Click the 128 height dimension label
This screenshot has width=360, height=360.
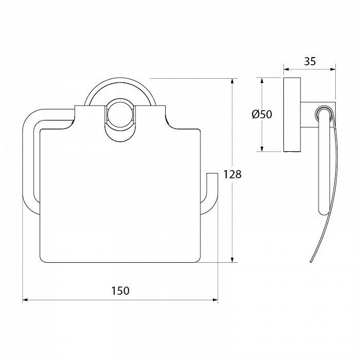[x=232, y=174]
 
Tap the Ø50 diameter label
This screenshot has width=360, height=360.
[x=262, y=114]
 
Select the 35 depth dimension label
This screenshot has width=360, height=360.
[x=310, y=61]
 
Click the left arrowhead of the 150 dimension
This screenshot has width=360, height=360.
[x=25, y=300]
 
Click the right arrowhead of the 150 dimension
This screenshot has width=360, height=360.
[x=215, y=300]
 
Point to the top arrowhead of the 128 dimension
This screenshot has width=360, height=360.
[x=232, y=81]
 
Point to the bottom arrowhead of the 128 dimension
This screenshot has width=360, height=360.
[x=232, y=259]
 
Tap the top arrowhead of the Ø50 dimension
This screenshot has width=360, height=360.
[x=261, y=80]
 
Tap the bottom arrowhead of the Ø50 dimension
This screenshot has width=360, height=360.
[x=261, y=149]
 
